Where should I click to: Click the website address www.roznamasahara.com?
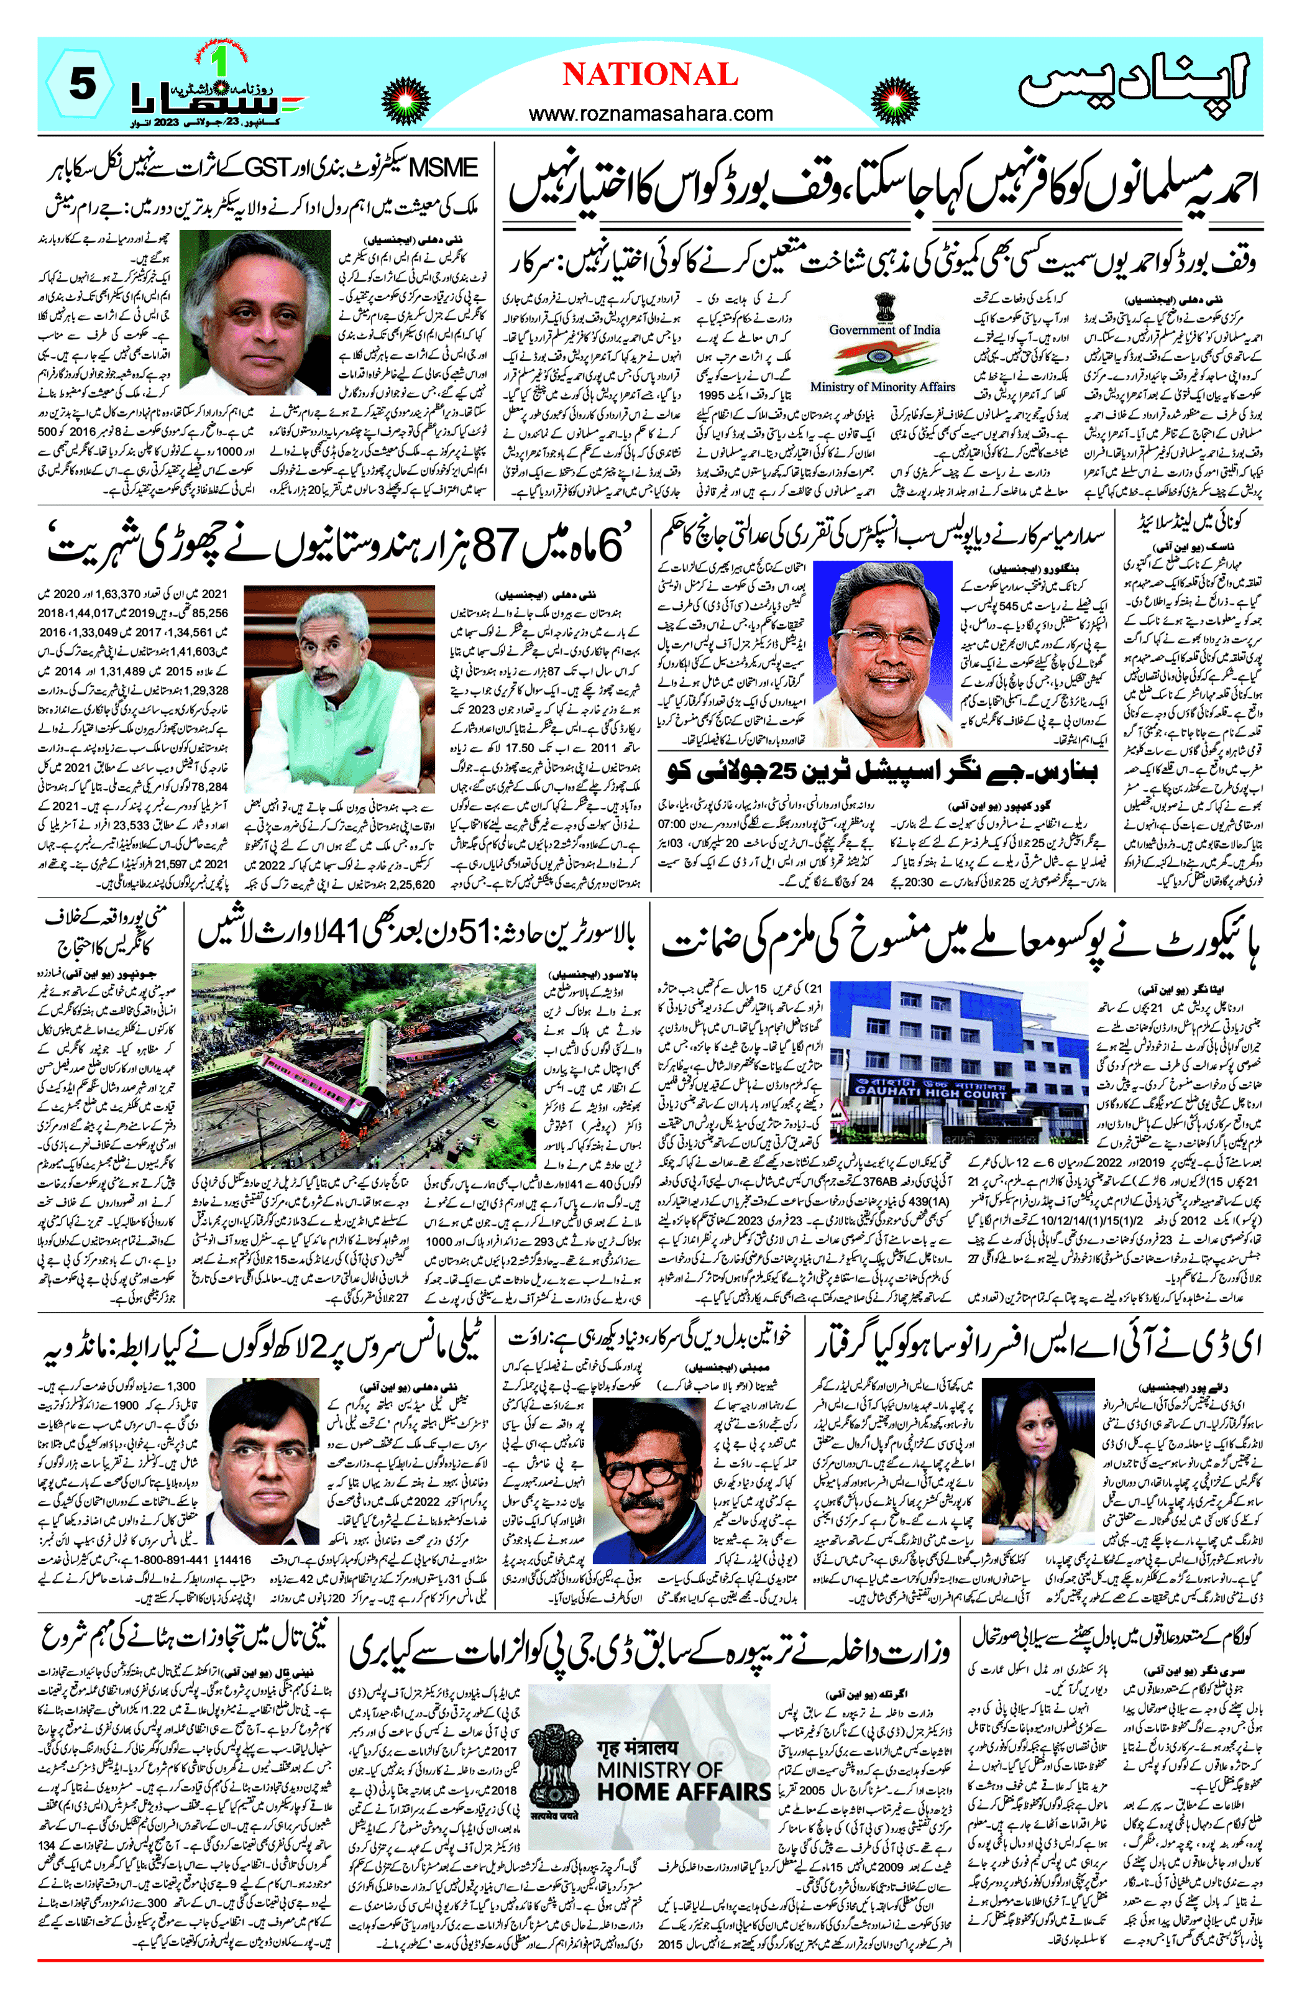pyautogui.click(x=651, y=113)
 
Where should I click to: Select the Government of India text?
pyautogui.click(x=884, y=330)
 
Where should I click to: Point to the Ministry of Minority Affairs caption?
pyautogui.click(x=882, y=387)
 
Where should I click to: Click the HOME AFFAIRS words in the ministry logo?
pyautogui.click(x=683, y=1791)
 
